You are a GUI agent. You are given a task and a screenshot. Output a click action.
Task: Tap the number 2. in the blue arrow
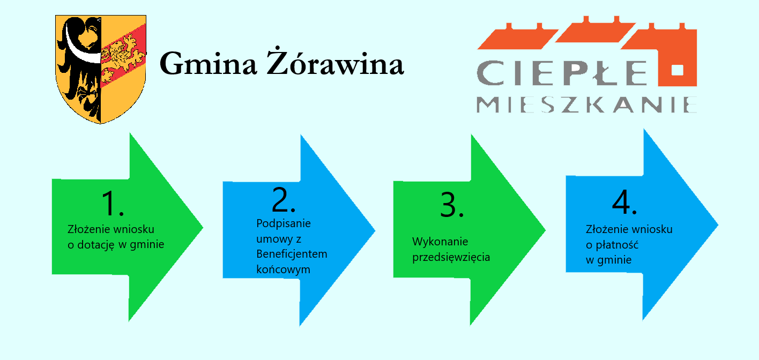[x=284, y=200]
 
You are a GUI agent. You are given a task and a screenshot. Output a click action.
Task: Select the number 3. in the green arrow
[x=452, y=205]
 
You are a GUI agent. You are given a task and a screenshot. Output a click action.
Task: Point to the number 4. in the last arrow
[x=624, y=202]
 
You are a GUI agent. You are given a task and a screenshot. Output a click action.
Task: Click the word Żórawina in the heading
[x=335, y=62]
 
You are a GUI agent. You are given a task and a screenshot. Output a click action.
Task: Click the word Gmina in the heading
[x=208, y=63]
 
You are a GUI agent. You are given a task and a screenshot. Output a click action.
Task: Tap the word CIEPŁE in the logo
[x=561, y=73]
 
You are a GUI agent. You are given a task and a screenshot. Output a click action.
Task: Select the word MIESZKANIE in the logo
[x=586, y=104]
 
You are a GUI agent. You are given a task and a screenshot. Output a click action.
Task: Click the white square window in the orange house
[x=677, y=70]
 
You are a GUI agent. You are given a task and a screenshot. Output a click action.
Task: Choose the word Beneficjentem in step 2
[x=292, y=254]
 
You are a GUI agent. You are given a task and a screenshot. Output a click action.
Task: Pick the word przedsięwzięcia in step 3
[x=451, y=257]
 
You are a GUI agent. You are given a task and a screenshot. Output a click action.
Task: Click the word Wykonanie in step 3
[x=440, y=242]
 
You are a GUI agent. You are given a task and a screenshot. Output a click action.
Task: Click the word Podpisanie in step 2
[x=283, y=224]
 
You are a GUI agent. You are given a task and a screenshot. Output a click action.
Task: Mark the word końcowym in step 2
[x=283, y=269]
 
